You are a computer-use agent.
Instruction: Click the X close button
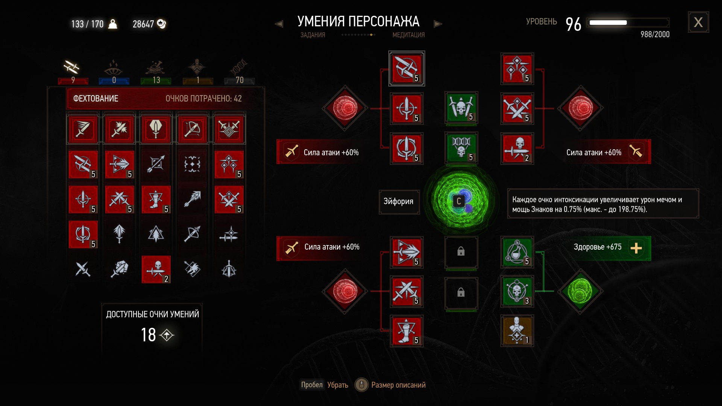tap(698, 23)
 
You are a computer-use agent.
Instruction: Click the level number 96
tap(573, 24)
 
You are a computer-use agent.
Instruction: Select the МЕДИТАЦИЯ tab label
tap(408, 35)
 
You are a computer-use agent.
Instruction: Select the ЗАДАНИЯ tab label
tap(312, 35)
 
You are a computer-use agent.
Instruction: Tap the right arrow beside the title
tap(438, 24)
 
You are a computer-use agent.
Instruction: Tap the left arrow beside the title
tap(279, 24)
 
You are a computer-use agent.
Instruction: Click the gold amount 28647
tap(143, 24)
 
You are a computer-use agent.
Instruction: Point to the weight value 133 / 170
tap(87, 24)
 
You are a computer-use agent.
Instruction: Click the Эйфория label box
tap(399, 201)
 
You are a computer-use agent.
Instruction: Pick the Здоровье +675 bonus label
tap(597, 247)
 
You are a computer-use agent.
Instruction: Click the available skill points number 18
tap(148, 335)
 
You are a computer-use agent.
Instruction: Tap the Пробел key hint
tap(312, 385)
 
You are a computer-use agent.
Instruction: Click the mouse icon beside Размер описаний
tap(361, 385)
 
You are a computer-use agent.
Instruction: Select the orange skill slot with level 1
tap(517, 331)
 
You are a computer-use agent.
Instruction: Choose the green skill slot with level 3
tap(517, 291)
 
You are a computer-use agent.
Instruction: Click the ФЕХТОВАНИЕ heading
tap(96, 98)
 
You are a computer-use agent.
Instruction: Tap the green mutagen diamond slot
tap(580, 291)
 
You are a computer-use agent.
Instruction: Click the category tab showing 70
tap(239, 71)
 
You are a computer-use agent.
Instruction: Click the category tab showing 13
tap(156, 71)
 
